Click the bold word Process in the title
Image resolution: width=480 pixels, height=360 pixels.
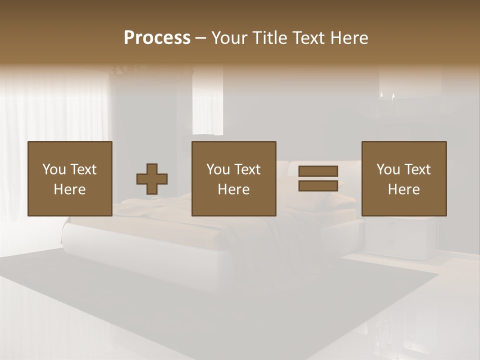point(157,38)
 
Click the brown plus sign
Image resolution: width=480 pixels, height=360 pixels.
point(152,178)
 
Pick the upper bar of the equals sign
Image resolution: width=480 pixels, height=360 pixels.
point(318,171)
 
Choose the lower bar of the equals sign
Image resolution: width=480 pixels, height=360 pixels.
point(318,186)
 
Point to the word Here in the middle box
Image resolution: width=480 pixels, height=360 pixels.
point(234,189)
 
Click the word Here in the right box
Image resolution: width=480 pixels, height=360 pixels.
point(404,189)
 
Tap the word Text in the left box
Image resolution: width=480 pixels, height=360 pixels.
point(83,169)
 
